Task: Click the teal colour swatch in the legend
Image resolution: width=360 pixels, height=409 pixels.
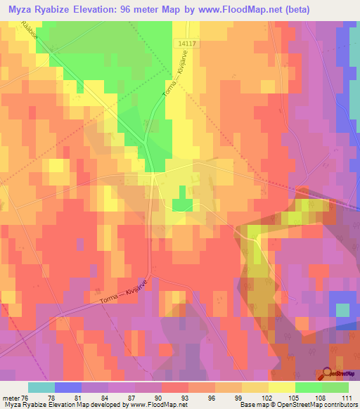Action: (41, 387)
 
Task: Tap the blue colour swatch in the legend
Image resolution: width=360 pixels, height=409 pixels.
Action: (68, 387)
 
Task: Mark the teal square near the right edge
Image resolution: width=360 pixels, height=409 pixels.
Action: (342, 310)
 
